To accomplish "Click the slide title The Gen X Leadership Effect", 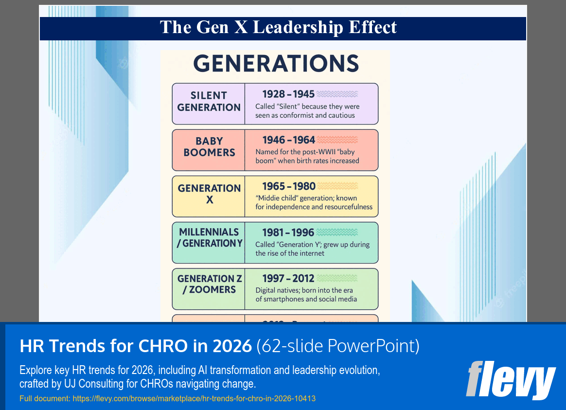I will click(278, 27).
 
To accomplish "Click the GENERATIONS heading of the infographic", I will click(276, 64).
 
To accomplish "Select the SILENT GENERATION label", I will click(209, 102).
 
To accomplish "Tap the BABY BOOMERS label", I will click(209, 147).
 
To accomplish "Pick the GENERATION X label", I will click(209, 194).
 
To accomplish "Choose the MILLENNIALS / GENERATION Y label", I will click(209, 238).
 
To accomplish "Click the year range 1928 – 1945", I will click(288, 94).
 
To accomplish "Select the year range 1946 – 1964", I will click(289, 140).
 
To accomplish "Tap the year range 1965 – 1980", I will click(289, 186).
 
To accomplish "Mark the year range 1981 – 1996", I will click(288, 232).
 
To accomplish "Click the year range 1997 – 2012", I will click(288, 279).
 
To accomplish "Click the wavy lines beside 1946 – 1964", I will click(337, 140).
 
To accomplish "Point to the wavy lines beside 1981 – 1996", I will click(337, 232).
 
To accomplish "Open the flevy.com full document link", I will click(194, 399).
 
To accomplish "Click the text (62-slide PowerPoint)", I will click(337, 346).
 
